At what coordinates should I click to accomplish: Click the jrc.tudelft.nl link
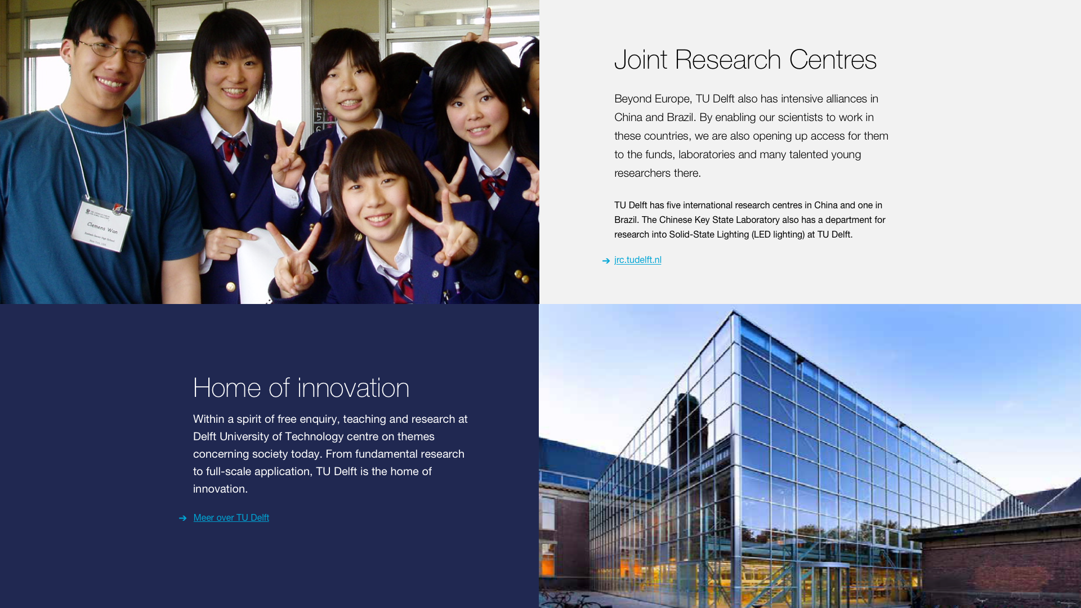click(x=637, y=260)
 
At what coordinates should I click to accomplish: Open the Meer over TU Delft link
click(x=231, y=518)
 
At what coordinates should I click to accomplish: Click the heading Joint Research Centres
click(x=745, y=60)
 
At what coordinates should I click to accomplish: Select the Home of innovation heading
click(x=301, y=388)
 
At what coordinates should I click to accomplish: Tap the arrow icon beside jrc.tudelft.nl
click(x=606, y=261)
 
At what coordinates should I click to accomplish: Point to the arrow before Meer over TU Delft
click(x=182, y=518)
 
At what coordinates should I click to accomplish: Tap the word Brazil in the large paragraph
click(x=680, y=118)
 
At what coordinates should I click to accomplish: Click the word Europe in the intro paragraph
click(x=672, y=100)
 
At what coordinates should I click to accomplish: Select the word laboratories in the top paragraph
click(x=707, y=155)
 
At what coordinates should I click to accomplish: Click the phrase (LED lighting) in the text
click(x=778, y=235)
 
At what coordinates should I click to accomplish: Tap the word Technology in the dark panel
click(x=314, y=437)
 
